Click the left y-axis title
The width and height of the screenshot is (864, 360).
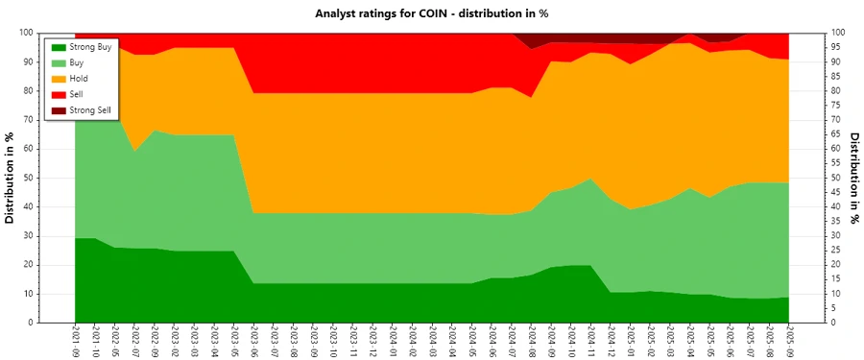coord(11,178)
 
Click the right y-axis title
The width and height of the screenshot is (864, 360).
coord(853,178)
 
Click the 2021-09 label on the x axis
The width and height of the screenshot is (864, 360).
coord(76,341)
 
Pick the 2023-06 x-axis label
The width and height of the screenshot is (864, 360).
coord(253,341)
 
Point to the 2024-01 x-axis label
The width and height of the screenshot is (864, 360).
coord(393,341)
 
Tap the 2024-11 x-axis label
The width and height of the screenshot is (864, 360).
coord(590,341)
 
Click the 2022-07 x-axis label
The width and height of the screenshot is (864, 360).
coord(135,341)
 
